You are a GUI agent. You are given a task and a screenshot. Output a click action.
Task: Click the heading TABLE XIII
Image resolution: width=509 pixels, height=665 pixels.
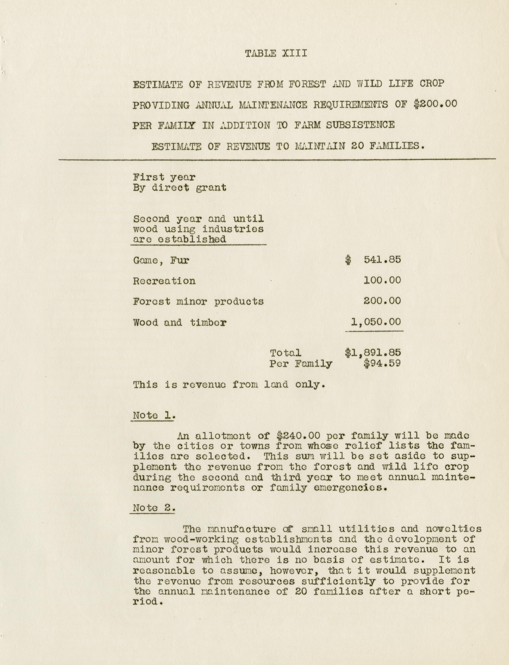[276, 54]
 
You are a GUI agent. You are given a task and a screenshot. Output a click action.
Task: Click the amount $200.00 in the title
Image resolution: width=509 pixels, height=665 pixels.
[435, 104]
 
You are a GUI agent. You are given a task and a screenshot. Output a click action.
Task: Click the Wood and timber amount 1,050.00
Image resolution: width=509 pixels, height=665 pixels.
[376, 322]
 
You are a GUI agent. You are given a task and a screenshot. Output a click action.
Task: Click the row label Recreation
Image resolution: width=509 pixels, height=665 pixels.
[164, 281]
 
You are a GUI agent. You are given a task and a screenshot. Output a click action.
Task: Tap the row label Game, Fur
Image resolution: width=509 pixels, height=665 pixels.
[161, 261]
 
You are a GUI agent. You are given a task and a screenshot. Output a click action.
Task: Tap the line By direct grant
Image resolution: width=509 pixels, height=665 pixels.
[179, 188]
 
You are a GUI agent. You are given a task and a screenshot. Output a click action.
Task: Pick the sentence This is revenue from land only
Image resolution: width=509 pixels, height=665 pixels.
[229, 385]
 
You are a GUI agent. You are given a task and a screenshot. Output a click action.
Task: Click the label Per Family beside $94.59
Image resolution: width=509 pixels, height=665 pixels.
[301, 364]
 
